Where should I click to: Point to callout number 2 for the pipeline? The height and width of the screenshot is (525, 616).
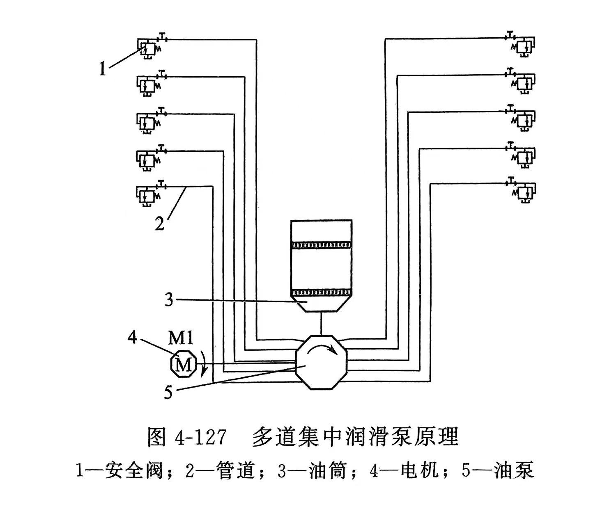(x=160, y=224)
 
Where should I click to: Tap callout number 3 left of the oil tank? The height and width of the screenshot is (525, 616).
(x=169, y=300)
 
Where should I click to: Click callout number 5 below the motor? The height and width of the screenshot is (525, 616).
(x=168, y=392)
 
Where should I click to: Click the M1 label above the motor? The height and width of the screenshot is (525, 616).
(x=181, y=338)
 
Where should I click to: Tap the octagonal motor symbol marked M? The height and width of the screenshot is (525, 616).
(x=183, y=363)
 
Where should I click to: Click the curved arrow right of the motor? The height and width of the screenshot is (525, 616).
(x=204, y=364)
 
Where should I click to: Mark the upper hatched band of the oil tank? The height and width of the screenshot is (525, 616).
(x=321, y=245)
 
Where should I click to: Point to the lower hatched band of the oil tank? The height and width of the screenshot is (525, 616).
(x=321, y=292)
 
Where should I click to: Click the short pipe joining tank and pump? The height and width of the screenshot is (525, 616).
(x=321, y=324)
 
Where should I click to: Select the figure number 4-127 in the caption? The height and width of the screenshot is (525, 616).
(x=200, y=438)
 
